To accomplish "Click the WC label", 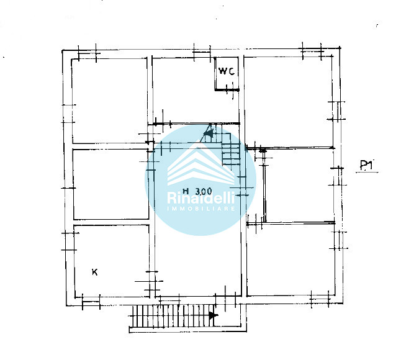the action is click(227, 71).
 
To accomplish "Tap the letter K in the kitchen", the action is click(94, 272).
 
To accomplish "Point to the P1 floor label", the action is click(366, 165).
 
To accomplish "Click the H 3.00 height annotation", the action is click(197, 191).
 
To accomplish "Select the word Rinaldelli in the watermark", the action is click(200, 197).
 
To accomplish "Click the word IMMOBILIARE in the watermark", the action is click(200, 209).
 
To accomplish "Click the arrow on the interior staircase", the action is click(209, 133).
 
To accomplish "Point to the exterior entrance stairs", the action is click(173, 316).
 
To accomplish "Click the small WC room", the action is click(227, 73).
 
